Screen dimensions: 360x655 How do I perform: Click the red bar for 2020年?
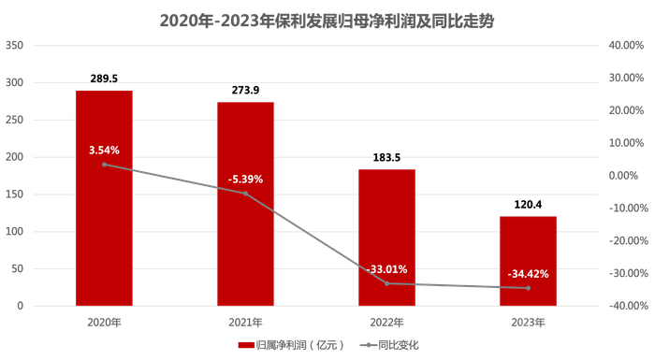(104, 224)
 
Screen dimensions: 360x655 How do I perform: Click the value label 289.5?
(104, 79)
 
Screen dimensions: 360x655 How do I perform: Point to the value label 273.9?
(245, 91)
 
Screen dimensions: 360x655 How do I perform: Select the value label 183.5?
(386, 158)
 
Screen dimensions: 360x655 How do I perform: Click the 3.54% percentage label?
(104, 150)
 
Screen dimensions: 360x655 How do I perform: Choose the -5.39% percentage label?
(245, 179)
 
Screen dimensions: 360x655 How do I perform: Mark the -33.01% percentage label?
(386, 269)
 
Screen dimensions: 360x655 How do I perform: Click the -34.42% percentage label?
(528, 274)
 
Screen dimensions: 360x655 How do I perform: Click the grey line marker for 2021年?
(245, 194)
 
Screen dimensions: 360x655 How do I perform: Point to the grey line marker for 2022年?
(386, 283)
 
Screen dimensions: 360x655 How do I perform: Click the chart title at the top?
(327, 19)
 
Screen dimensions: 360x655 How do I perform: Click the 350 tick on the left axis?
(15, 45)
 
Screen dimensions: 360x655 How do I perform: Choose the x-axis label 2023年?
(528, 321)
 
